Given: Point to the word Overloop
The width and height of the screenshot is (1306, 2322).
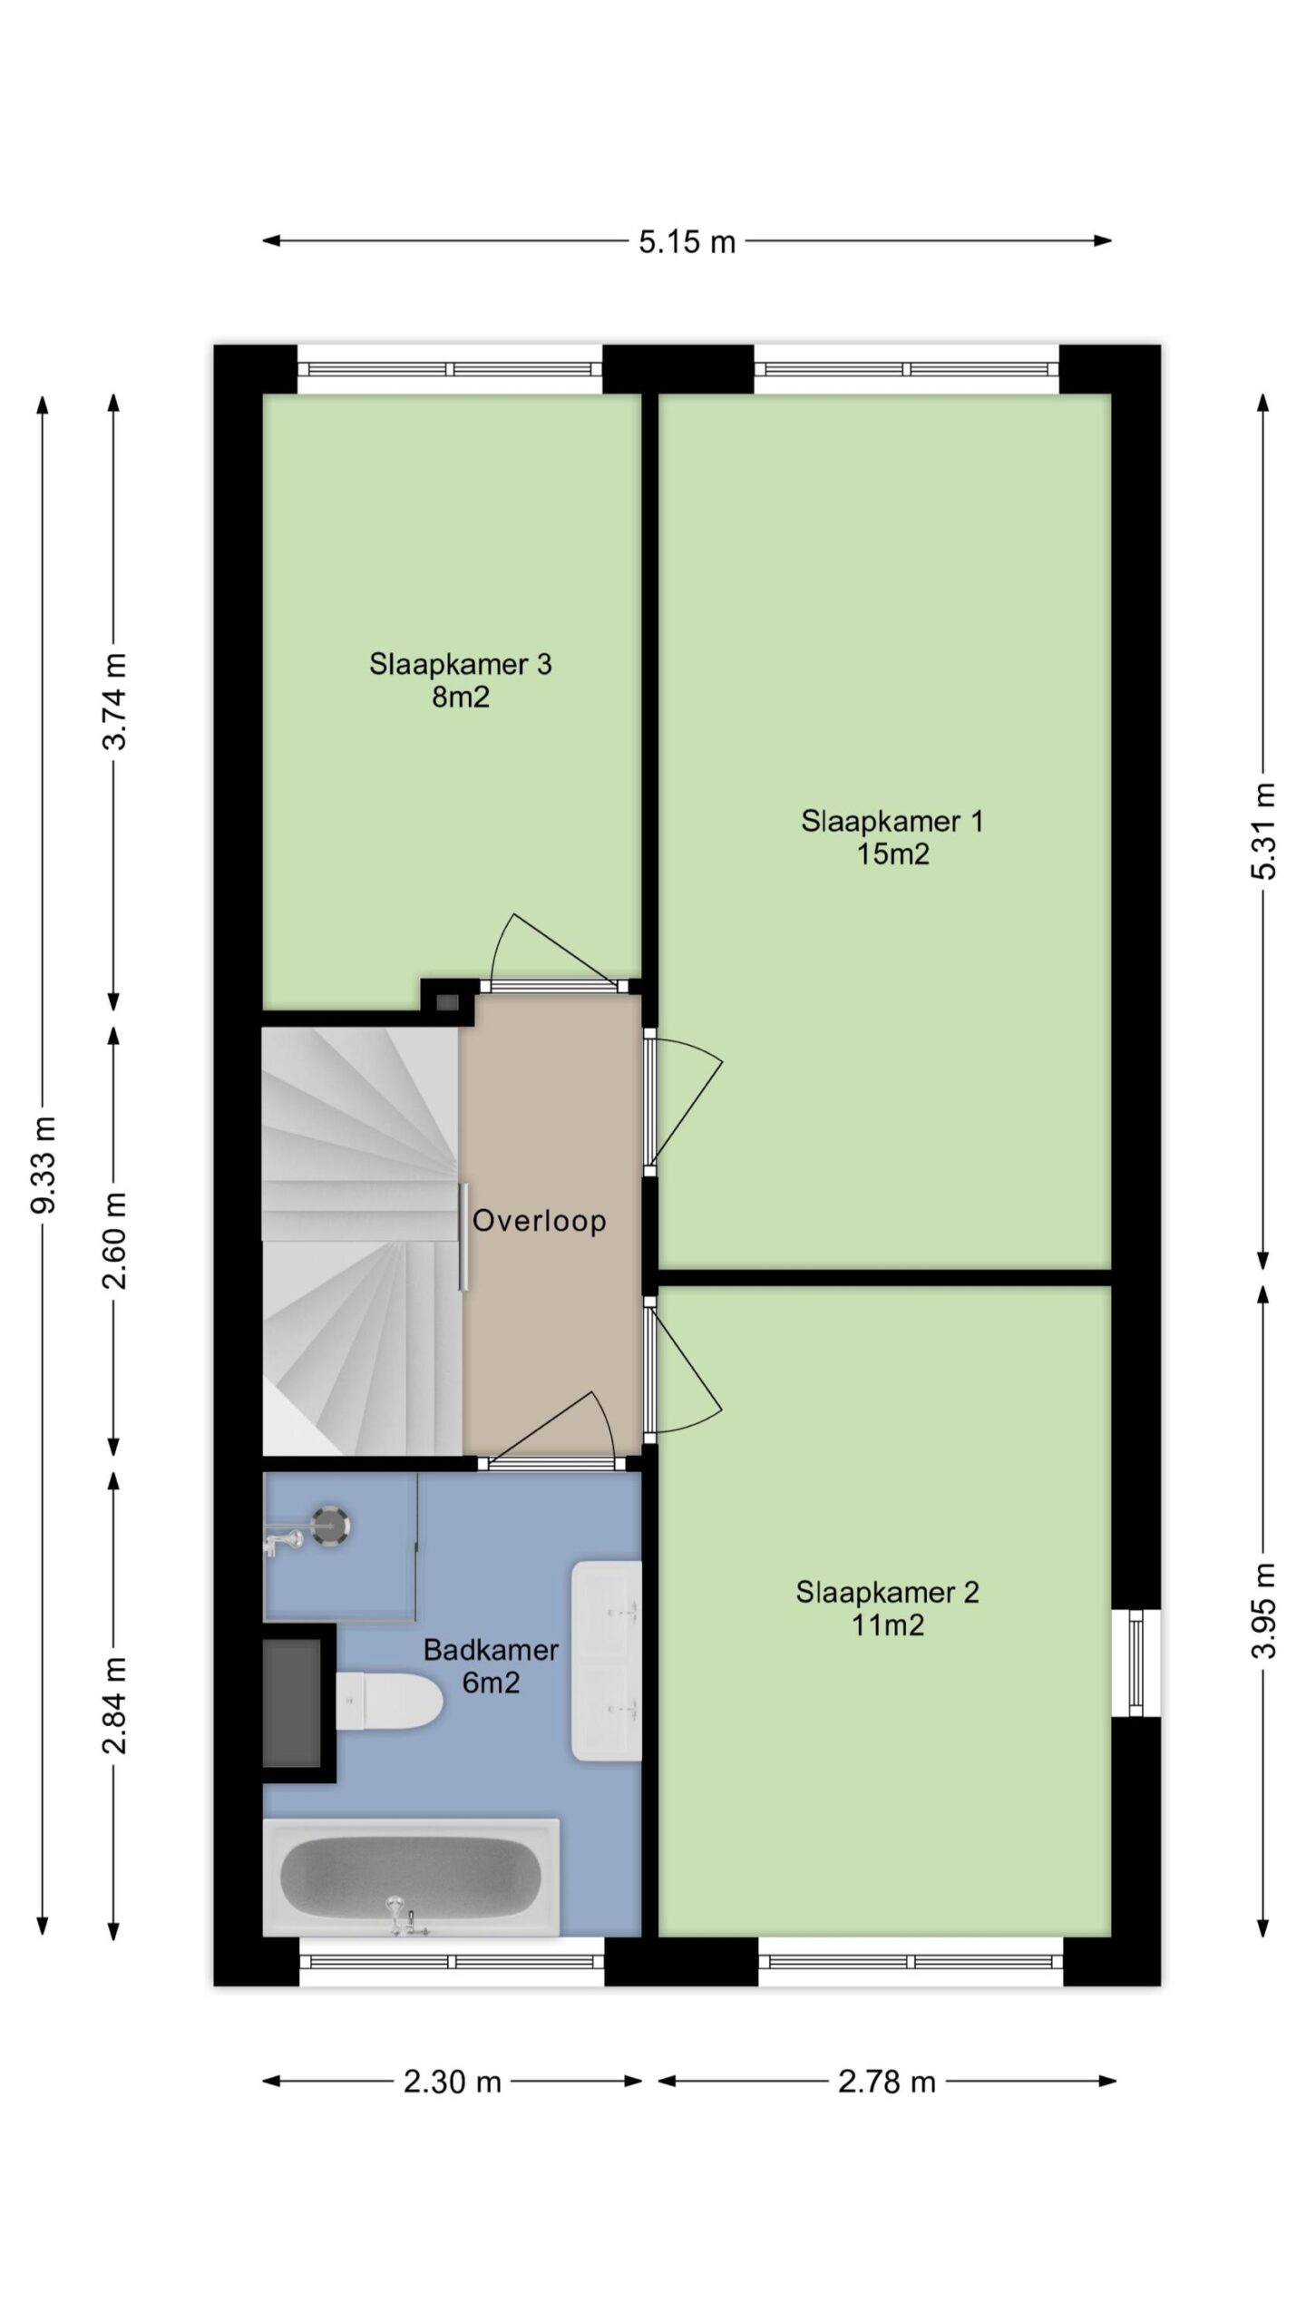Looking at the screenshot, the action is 539,1221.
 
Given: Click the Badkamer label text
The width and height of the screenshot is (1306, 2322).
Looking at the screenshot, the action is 491,1650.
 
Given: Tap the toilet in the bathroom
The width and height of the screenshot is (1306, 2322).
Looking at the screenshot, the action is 388,1701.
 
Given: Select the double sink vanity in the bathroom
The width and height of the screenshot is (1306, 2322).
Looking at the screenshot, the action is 606,1661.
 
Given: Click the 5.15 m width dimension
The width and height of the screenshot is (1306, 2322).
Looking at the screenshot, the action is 687,241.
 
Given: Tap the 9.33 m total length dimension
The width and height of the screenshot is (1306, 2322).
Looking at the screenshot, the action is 44,1166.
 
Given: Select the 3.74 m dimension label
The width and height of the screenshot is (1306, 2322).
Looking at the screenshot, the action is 115,701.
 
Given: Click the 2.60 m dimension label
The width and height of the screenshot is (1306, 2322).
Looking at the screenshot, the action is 115,1240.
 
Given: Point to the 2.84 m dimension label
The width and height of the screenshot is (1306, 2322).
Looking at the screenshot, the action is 115,1704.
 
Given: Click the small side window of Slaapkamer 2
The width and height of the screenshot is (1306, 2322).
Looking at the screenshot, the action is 1136,1663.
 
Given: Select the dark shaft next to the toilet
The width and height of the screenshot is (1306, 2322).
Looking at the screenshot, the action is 292,1702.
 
